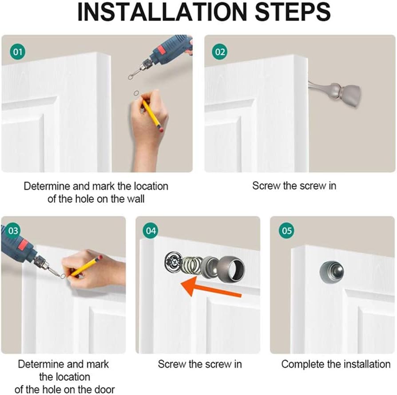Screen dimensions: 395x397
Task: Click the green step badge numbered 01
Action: [x=18, y=52]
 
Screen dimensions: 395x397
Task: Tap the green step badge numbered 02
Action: [x=220, y=52]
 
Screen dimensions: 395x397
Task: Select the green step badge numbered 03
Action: [x=13, y=231]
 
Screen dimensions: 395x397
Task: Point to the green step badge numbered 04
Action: [x=151, y=231]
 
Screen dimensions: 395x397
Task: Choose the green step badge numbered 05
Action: [x=287, y=231]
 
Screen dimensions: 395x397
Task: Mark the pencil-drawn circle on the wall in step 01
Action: [x=136, y=93]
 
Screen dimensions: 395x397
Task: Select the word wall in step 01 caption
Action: [x=135, y=198]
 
